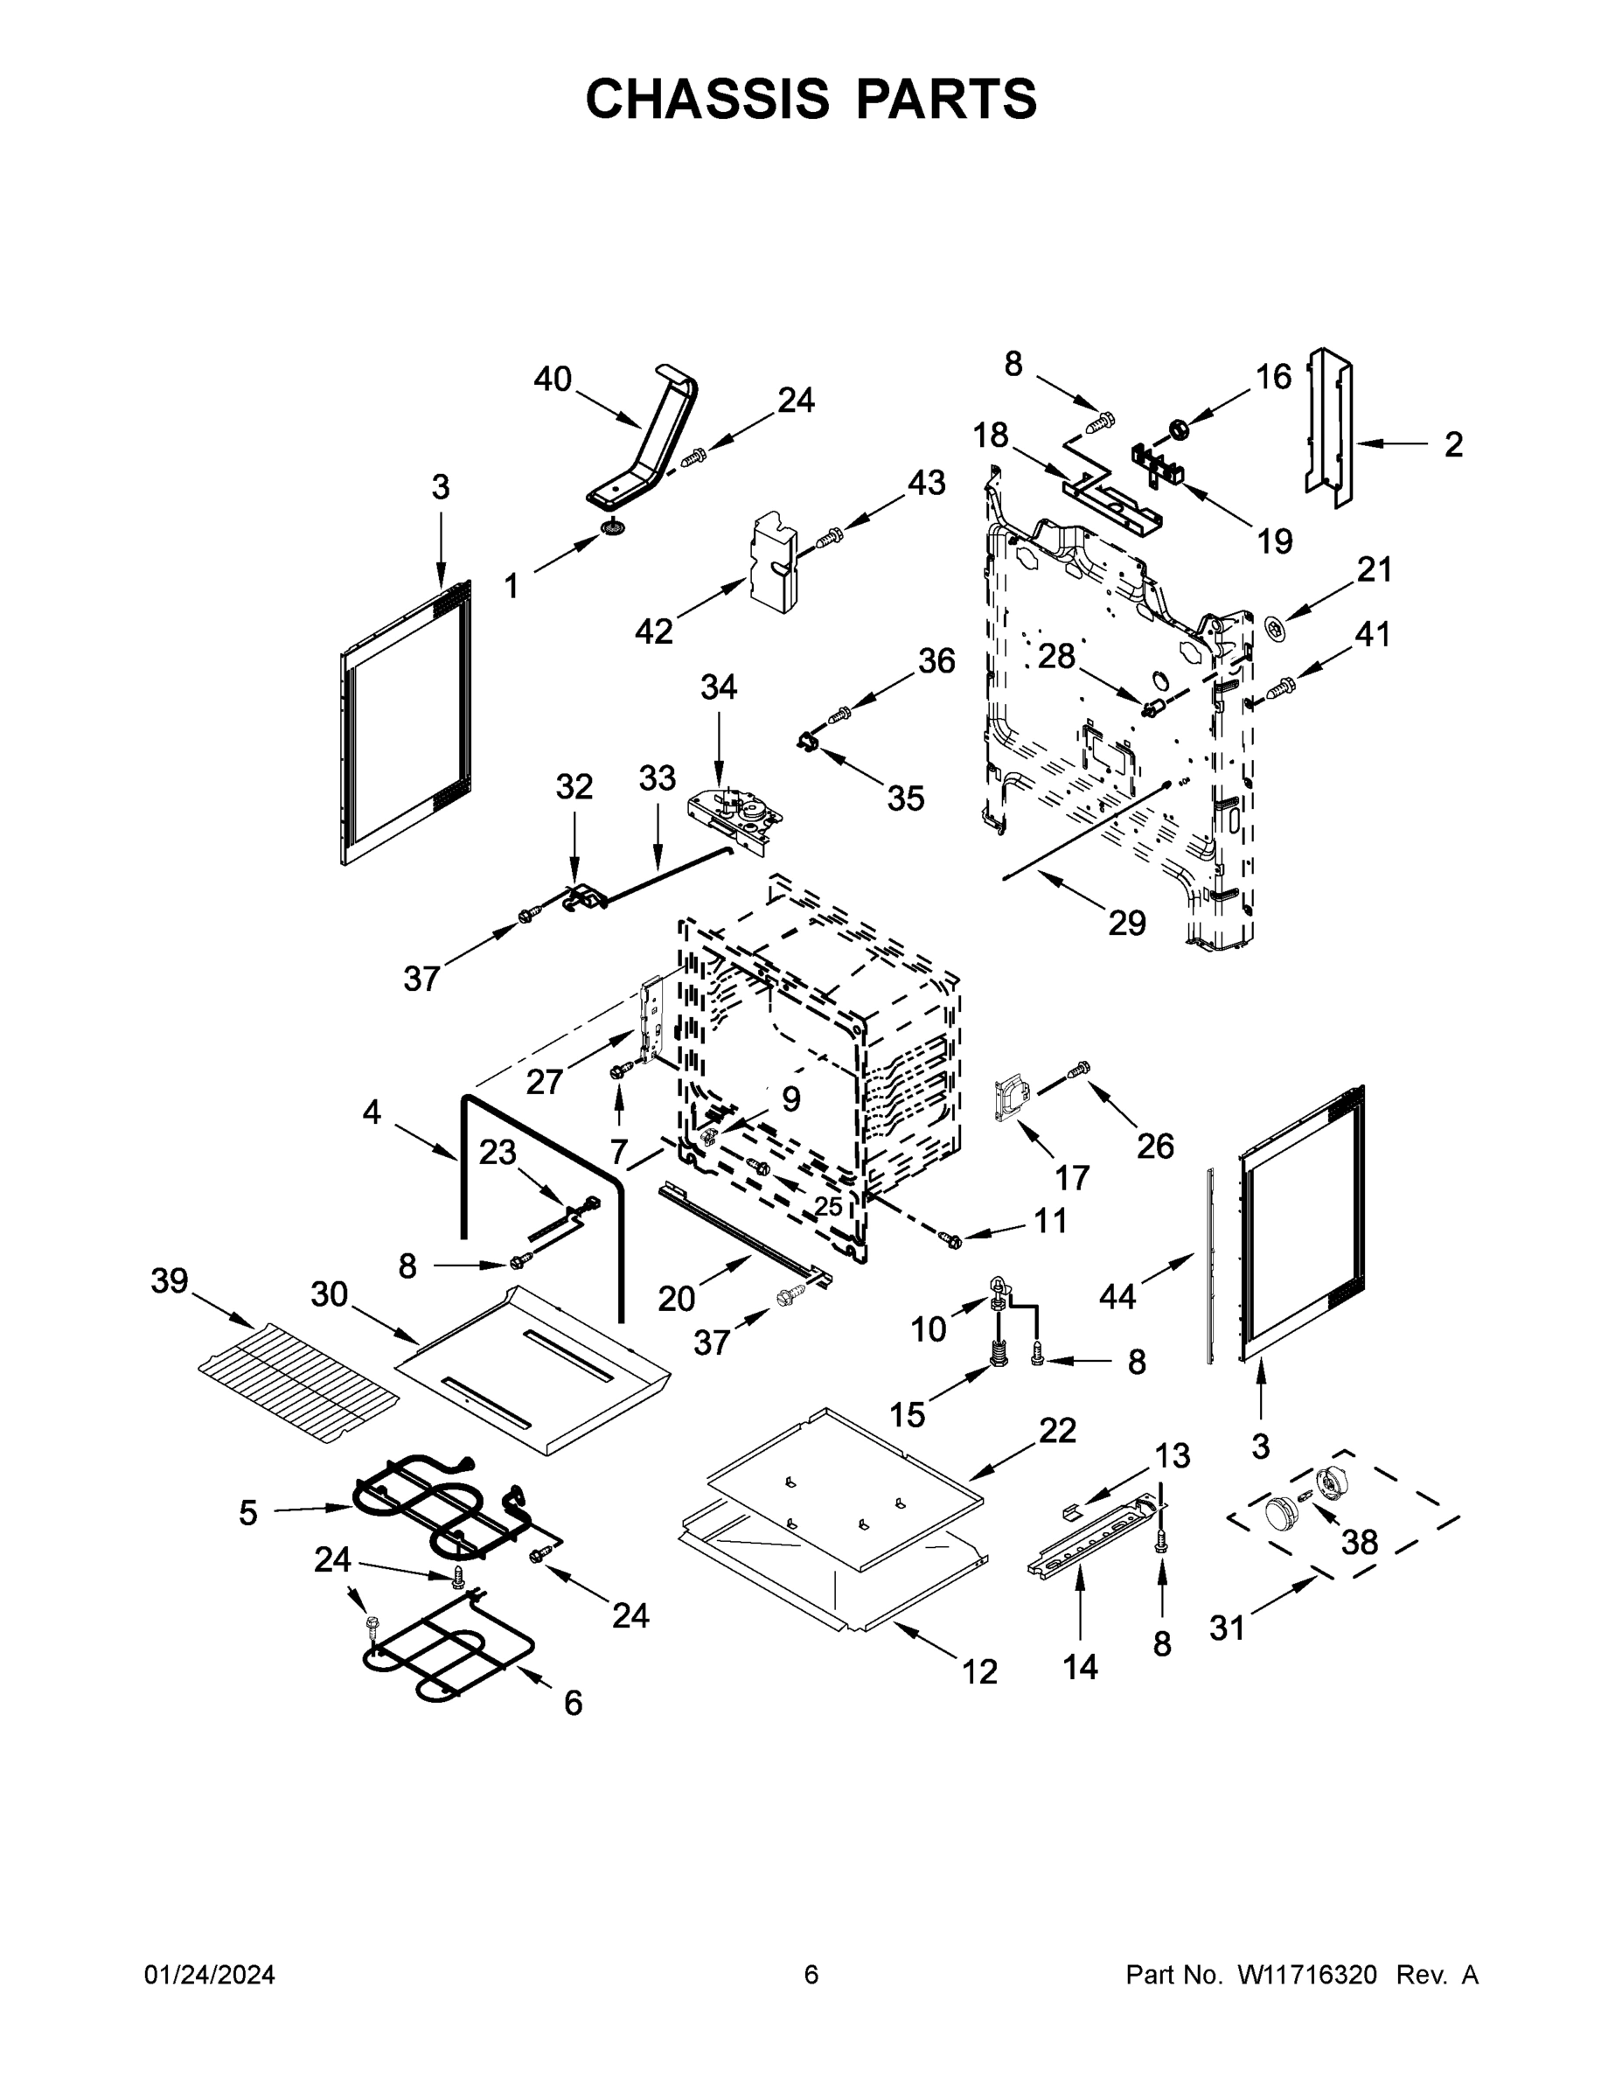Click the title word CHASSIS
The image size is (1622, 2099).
point(707,99)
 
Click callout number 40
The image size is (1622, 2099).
point(553,380)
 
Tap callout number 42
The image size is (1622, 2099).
point(653,631)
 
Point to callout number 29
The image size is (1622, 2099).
point(1126,923)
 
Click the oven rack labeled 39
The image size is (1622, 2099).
point(298,1379)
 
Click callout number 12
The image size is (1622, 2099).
point(979,1671)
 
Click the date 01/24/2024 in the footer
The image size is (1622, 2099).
point(210,1974)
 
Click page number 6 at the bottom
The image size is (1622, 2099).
point(811,1974)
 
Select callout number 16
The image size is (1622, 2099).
point(1273,377)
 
